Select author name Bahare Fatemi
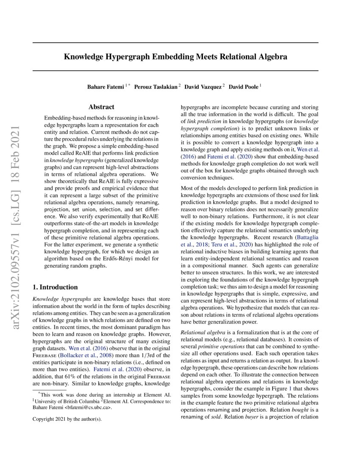coord(105,87)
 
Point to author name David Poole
coord(244,87)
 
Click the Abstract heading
coord(101,107)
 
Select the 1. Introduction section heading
coord(55,287)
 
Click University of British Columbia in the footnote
coord(68,400)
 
